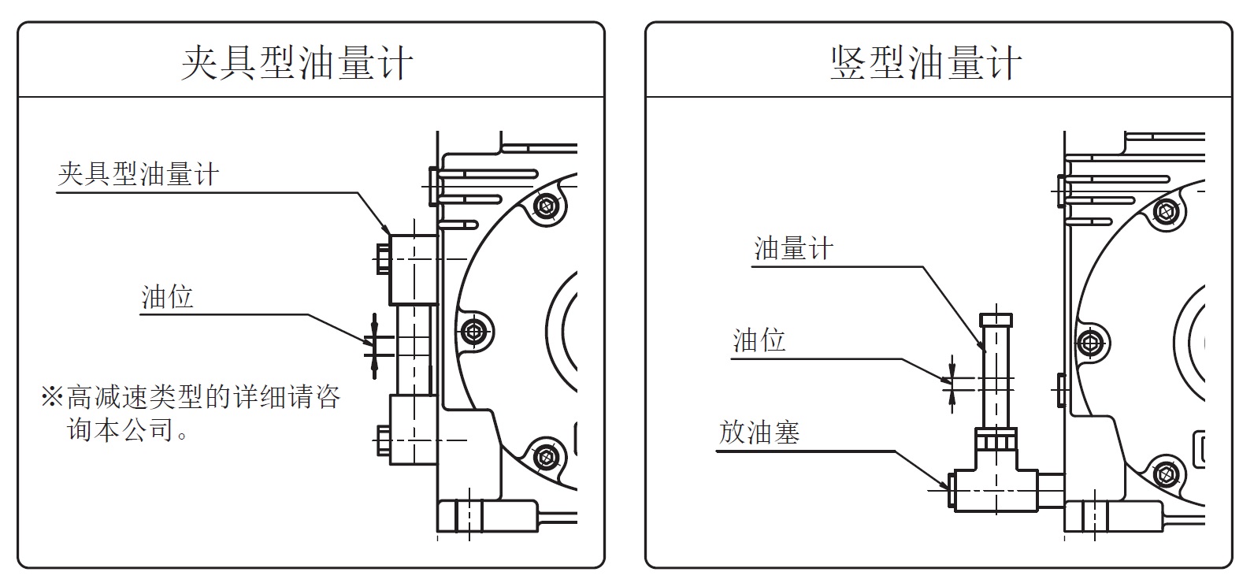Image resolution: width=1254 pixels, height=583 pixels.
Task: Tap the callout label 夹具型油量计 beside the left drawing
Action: coord(138,174)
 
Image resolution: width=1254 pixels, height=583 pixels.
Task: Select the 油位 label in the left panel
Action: coord(168,298)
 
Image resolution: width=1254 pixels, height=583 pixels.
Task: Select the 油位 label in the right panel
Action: coord(759,341)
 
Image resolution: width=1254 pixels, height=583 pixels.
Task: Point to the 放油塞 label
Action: coord(759,433)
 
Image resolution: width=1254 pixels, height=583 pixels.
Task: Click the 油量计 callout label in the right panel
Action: coord(793,249)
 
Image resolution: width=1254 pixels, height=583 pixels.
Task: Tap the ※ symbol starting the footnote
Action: coord(52,396)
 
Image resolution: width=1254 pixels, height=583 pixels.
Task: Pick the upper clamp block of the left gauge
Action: coord(413,269)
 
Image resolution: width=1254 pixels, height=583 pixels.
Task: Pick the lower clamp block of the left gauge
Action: coord(413,430)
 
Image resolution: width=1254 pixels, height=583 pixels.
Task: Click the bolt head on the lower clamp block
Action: coord(383,441)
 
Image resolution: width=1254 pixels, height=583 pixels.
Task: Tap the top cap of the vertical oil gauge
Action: coord(996,321)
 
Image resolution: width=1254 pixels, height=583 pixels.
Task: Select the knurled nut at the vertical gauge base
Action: coord(996,440)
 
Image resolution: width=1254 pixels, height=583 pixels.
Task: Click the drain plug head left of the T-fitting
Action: coord(949,489)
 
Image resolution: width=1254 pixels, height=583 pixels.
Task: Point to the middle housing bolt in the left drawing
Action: coord(473,331)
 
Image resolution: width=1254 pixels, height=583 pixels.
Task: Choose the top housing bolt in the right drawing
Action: coord(1167,211)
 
